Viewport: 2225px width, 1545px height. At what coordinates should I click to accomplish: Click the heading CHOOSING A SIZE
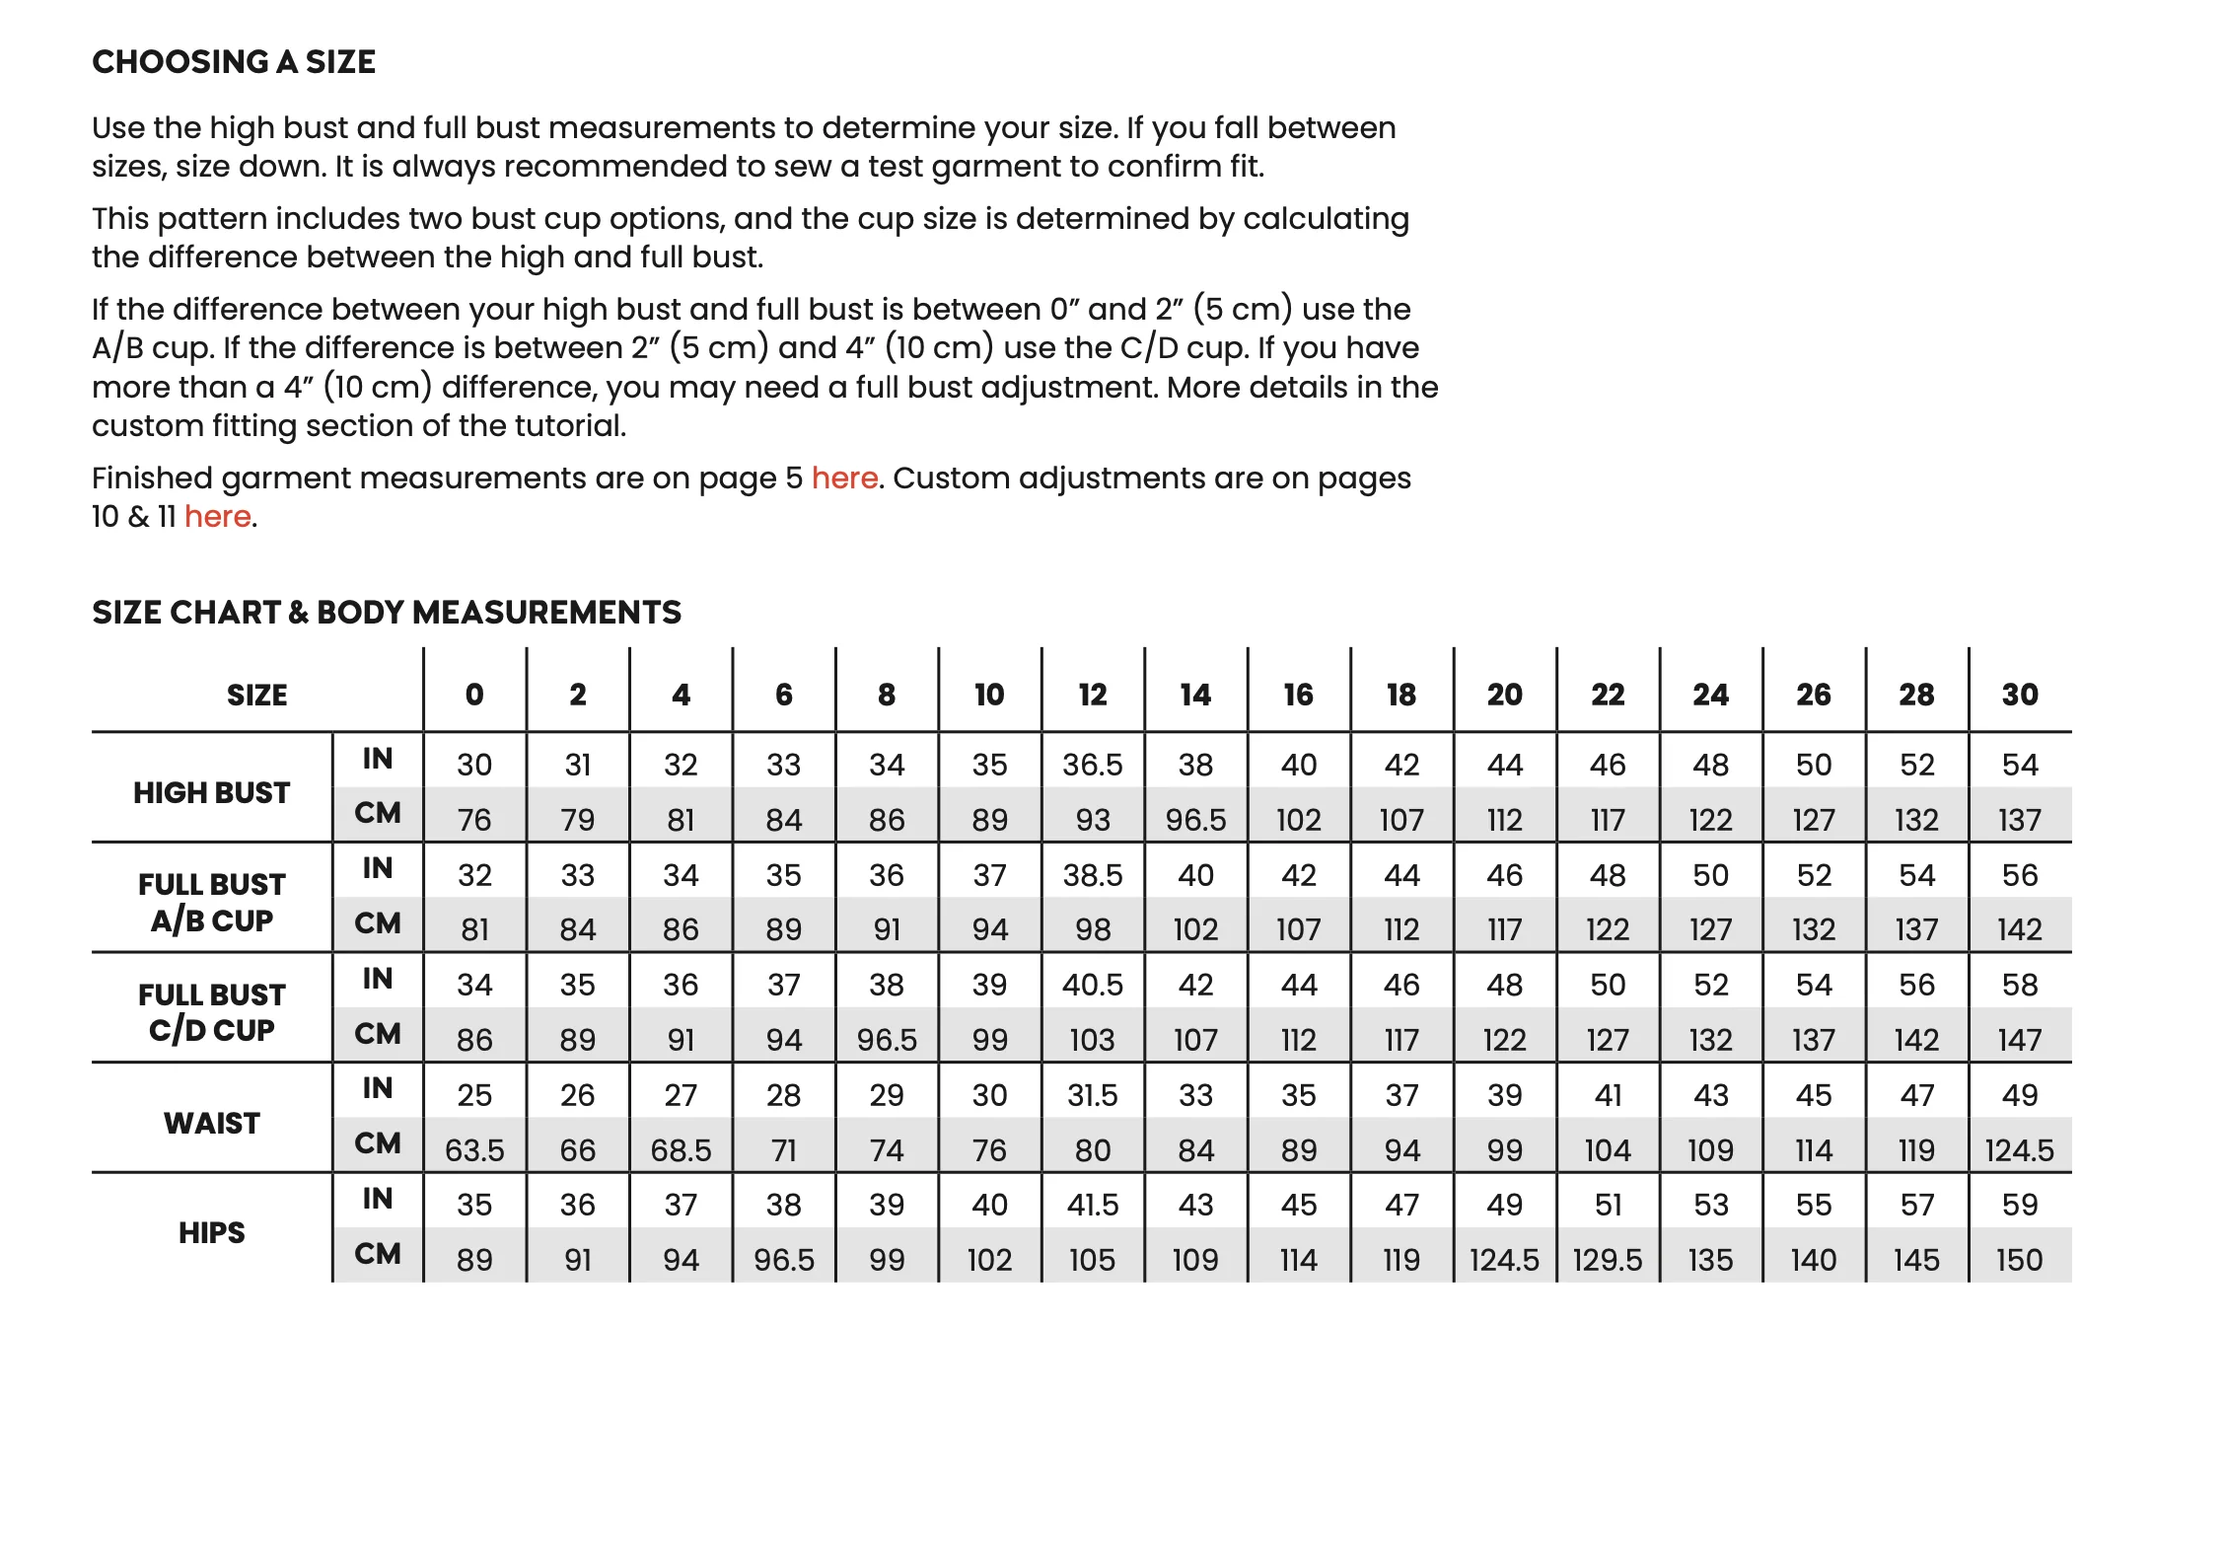[234, 62]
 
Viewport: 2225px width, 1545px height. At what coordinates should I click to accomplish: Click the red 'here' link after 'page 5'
[844, 478]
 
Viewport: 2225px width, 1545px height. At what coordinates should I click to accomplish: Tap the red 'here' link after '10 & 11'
[217, 517]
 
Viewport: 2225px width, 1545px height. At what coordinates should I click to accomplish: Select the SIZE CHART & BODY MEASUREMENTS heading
[387, 613]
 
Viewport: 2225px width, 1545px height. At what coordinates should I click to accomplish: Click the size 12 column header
[1092, 695]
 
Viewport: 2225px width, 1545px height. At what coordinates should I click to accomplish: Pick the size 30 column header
[2019, 695]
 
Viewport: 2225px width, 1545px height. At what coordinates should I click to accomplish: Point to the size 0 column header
[474, 695]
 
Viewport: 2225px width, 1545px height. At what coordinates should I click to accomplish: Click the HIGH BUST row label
[212, 792]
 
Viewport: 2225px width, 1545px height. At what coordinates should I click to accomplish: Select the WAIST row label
[212, 1123]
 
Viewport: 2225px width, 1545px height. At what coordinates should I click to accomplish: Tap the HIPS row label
[212, 1233]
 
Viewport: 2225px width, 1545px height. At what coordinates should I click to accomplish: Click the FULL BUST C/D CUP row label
[212, 1012]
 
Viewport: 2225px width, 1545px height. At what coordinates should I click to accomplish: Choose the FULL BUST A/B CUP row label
[212, 902]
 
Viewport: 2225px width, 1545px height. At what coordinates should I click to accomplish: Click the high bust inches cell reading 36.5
[1092, 765]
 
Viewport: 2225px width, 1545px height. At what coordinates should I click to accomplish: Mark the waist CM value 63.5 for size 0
[474, 1150]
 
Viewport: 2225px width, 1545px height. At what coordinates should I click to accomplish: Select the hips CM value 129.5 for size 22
[1608, 1260]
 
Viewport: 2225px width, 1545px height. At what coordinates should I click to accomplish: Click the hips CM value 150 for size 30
[2019, 1260]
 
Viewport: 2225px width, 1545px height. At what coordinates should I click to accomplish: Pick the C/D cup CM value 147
[2019, 1040]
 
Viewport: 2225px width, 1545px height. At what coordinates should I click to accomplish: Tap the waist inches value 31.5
[1092, 1095]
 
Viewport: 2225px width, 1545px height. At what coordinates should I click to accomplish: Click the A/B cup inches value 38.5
[1092, 875]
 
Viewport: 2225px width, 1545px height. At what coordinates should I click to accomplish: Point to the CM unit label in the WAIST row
[378, 1143]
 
